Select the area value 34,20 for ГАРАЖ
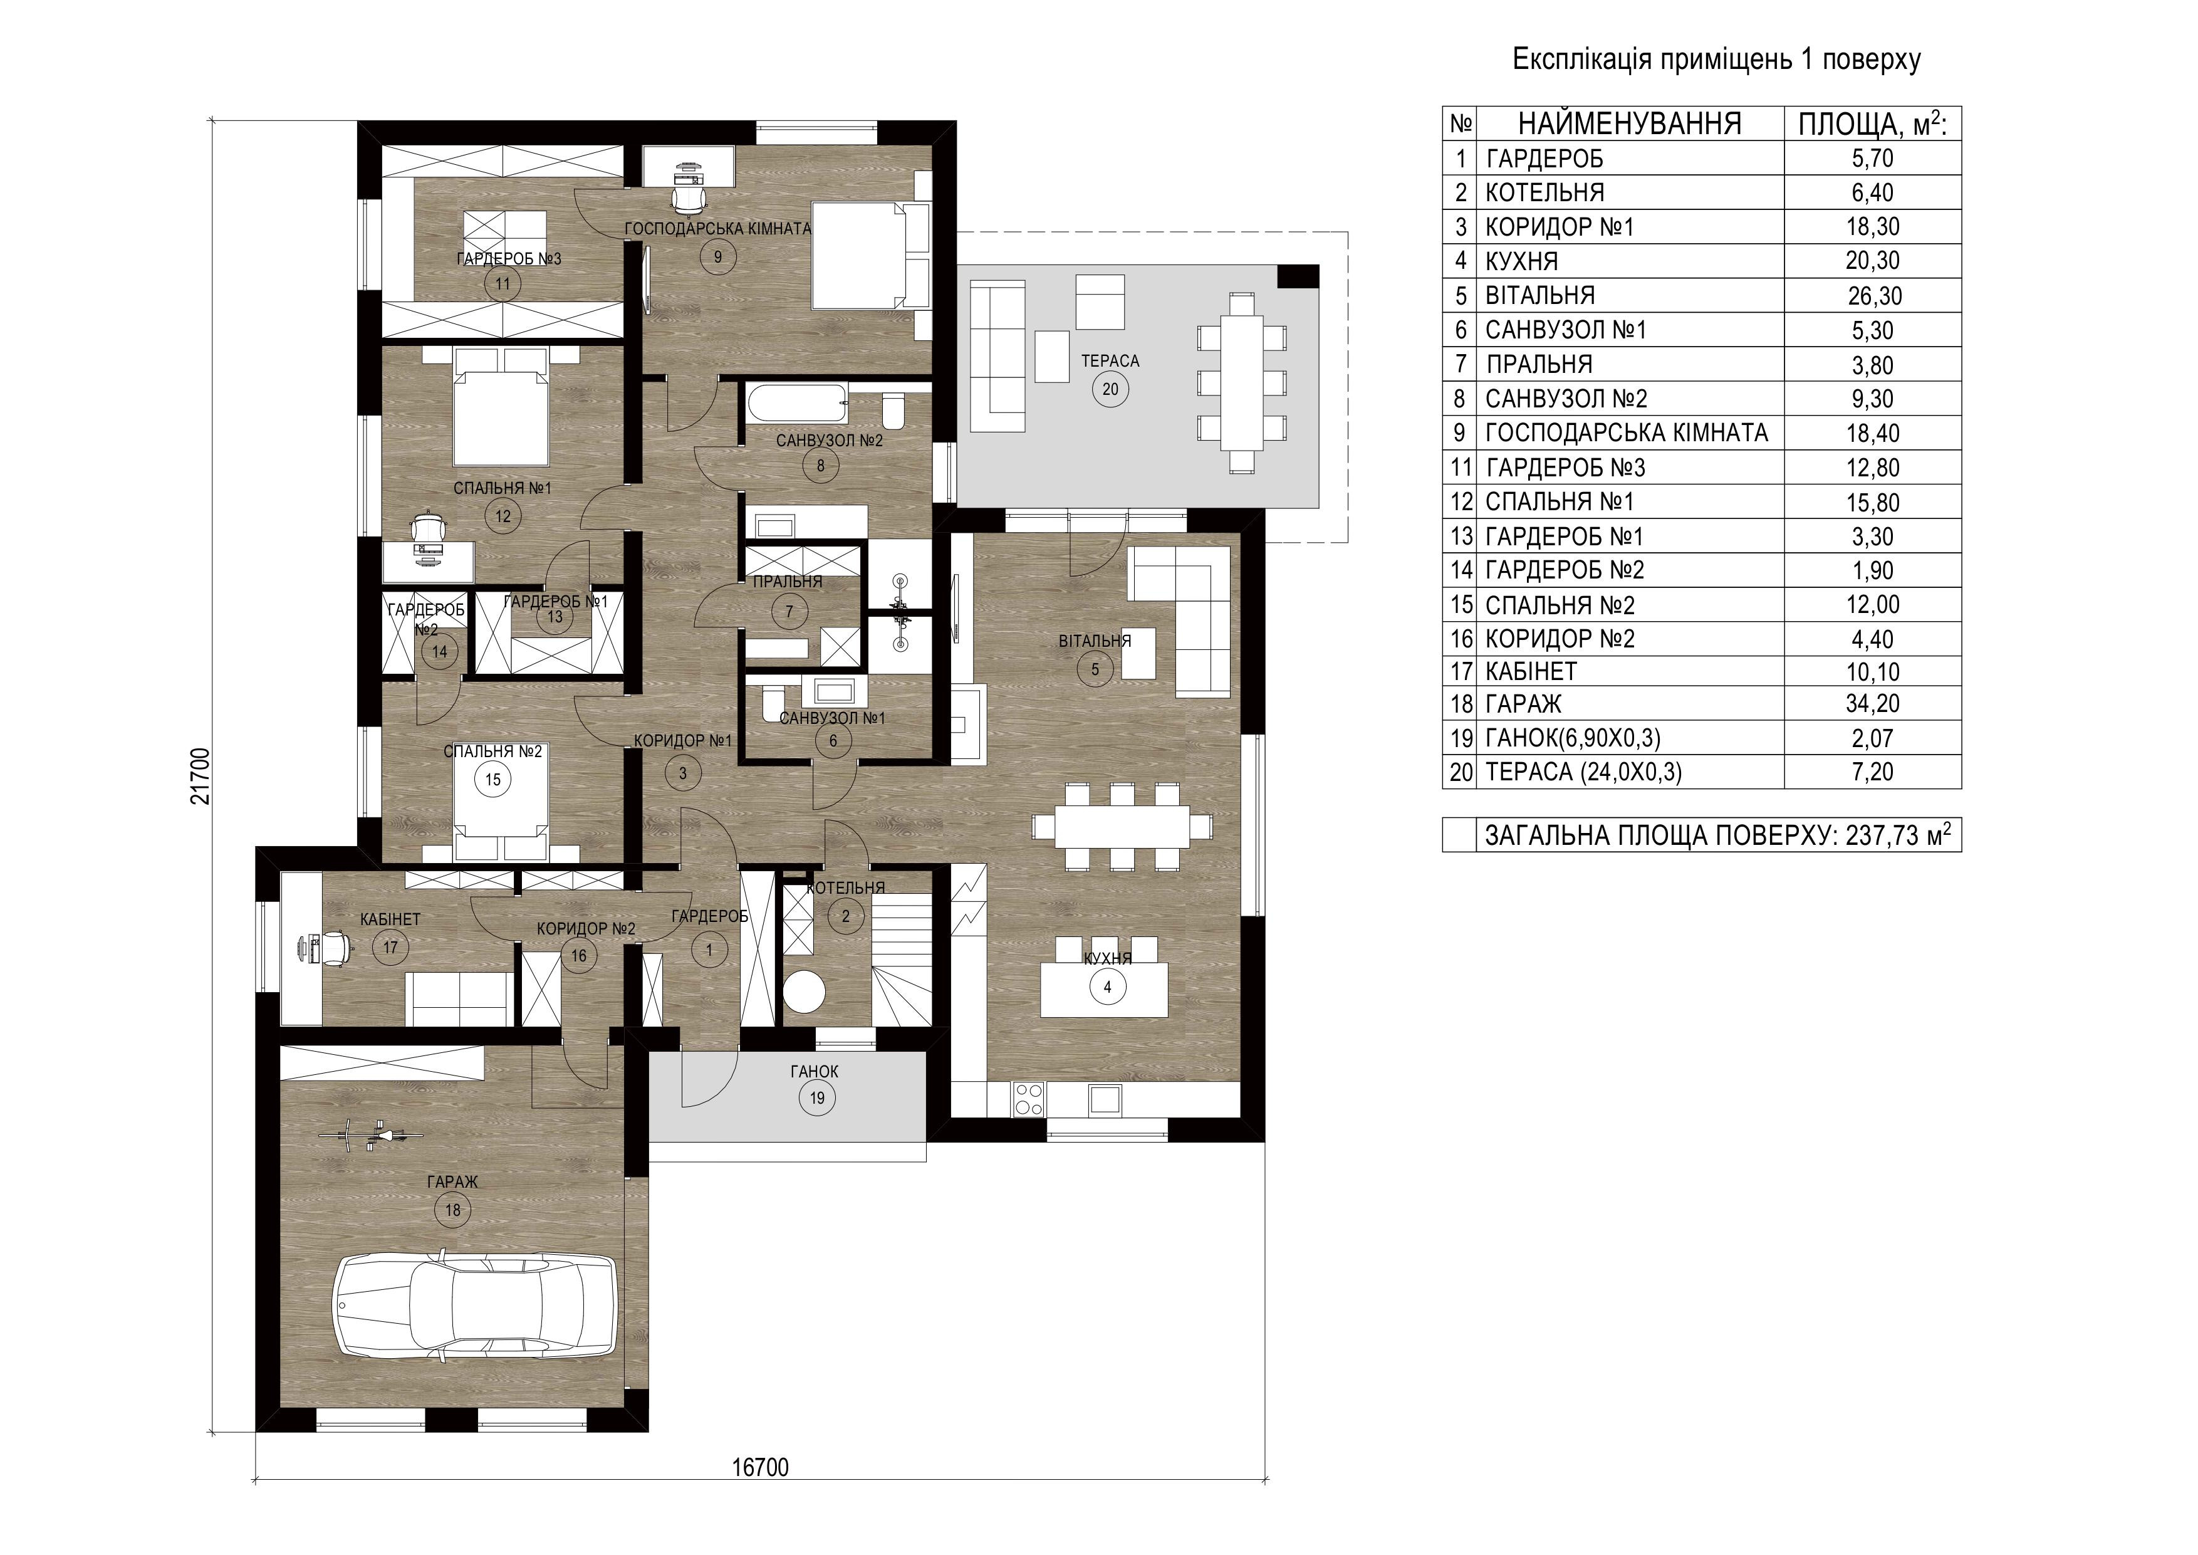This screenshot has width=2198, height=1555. pyautogui.click(x=1873, y=704)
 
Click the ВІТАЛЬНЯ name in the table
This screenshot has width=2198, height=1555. pyautogui.click(x=1539, y=295)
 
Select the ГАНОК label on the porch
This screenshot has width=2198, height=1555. pyautogui.click(x=815, y=1072)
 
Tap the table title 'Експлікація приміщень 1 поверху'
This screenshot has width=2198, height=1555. pyautogui.click(x=1716, y=60)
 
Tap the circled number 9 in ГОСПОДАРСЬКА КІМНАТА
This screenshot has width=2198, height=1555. pyautogui.click(x=718, y=256)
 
